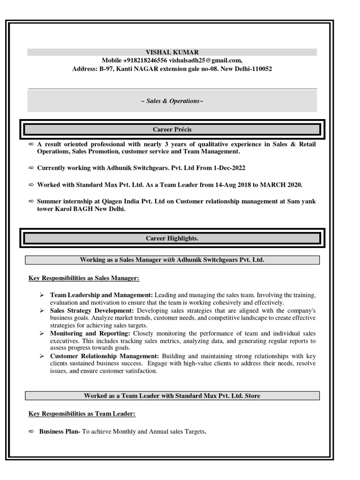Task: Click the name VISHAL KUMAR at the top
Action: click(x=172, y=52)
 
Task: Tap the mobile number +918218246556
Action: click(x=145, y=60)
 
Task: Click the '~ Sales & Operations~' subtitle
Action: click(x=172, y=101)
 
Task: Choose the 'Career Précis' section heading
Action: click(x=172, y=129)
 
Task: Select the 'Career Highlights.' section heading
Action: click(x=172, y=239)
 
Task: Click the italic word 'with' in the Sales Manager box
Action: click(x=169, y=260)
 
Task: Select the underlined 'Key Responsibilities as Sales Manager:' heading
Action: click(x=84, y=278)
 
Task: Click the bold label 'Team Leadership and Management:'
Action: click(x=101, y=295)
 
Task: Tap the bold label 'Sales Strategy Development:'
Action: click(x=92, y=311)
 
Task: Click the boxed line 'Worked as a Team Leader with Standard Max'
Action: click(x=172, y=396)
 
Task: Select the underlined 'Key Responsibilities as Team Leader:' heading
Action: click(x=82, y=414)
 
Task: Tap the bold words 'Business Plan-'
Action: click(x=60, y=432)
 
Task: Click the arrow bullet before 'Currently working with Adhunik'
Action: click(x=31, y=168)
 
